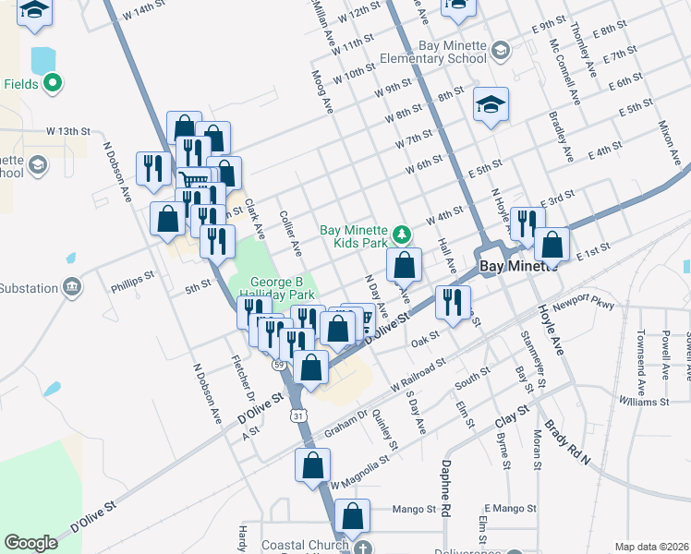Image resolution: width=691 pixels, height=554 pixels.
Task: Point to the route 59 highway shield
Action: tap(278, 365)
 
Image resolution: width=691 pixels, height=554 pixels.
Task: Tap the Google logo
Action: tap(30, 543)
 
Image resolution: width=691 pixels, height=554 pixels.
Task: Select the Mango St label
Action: tap(413, 509)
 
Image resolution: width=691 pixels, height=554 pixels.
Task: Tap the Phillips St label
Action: tap(130, 277)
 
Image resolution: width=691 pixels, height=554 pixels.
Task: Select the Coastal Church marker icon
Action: tap(365, 545)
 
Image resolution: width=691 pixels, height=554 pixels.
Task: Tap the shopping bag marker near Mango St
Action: tap(351, 516)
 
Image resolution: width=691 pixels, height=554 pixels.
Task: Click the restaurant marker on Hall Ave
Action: tap(453, 302)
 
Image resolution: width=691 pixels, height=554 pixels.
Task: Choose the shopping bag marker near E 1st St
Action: tap(552, 245)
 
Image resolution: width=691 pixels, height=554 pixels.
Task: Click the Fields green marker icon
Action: tap(54, 84)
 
